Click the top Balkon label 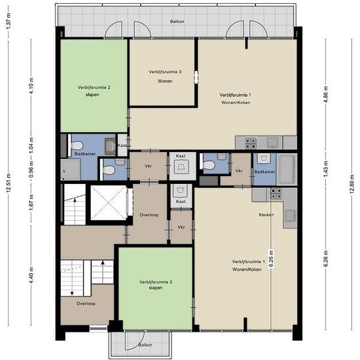(177, 22)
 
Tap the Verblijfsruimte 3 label (165, 72)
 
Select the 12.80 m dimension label (351, 184)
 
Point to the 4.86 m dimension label (325, 95)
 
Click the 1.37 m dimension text (9, 22)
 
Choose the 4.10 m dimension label (31, 86)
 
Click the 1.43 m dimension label (325, 169)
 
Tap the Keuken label (266, 215)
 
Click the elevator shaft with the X (109, 203)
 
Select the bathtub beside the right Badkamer (287, 170)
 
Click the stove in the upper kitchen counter (251, 143)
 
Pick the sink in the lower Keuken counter (290, 216)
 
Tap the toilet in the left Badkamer (76, 145)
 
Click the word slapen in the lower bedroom (156, 288)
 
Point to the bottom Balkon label (145, 345)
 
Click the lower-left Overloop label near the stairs (86, 304)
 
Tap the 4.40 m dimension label (31, 275)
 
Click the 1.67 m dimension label (31, 202)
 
